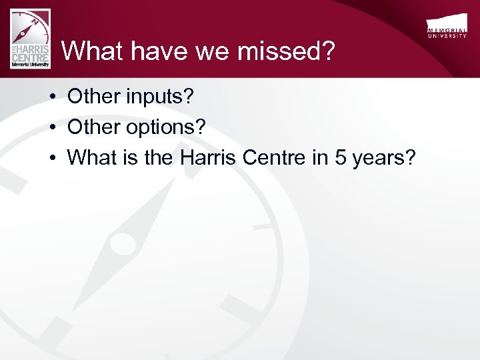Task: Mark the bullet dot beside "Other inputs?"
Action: point(51,98)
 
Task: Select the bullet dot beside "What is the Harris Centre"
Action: point(51,158)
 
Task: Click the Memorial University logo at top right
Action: point(447,27)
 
